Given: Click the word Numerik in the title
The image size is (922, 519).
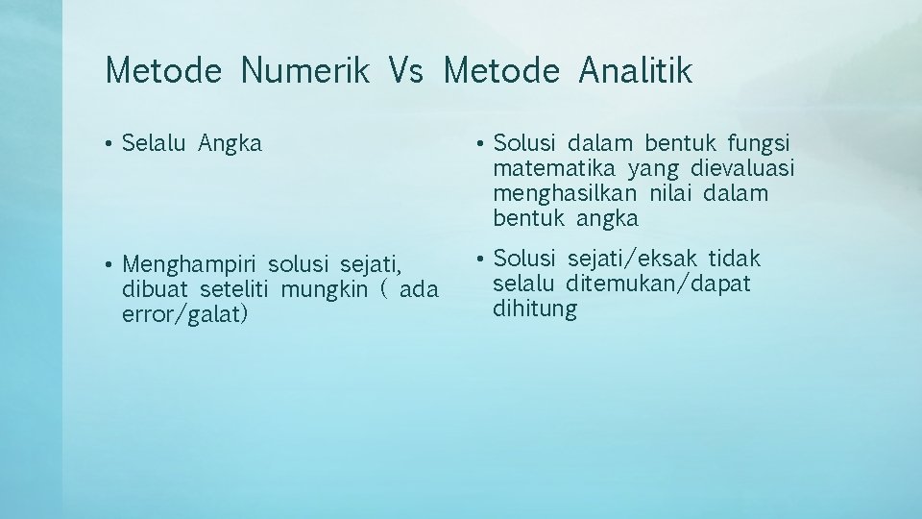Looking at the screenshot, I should point(304,70).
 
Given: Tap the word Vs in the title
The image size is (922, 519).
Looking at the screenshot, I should point(406,70).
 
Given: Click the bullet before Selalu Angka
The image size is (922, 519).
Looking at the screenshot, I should point(110,144).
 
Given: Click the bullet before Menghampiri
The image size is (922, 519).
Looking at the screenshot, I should point(110,263).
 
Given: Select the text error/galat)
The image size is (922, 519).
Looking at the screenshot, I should point(185,314).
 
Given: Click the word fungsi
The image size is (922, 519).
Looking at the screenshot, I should point(759,144).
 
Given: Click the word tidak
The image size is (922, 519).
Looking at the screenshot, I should point(735,259).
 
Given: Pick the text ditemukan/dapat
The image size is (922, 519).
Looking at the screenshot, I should point(659,284).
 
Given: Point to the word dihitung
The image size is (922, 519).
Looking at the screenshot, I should point(535,309).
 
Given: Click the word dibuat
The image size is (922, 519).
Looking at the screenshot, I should point(158,288).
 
